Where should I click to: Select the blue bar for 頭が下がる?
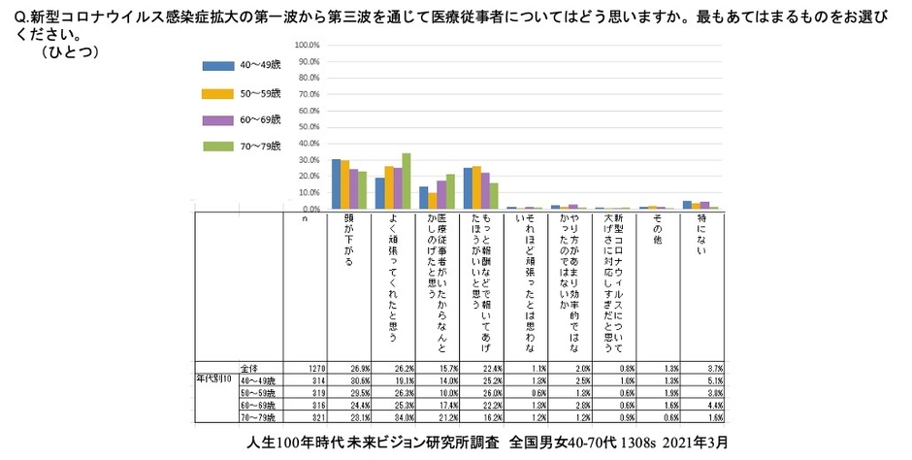pyautogui.click(x=336, y=183)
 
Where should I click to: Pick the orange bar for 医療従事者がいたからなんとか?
pyautogui.click(x=432, y=200)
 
